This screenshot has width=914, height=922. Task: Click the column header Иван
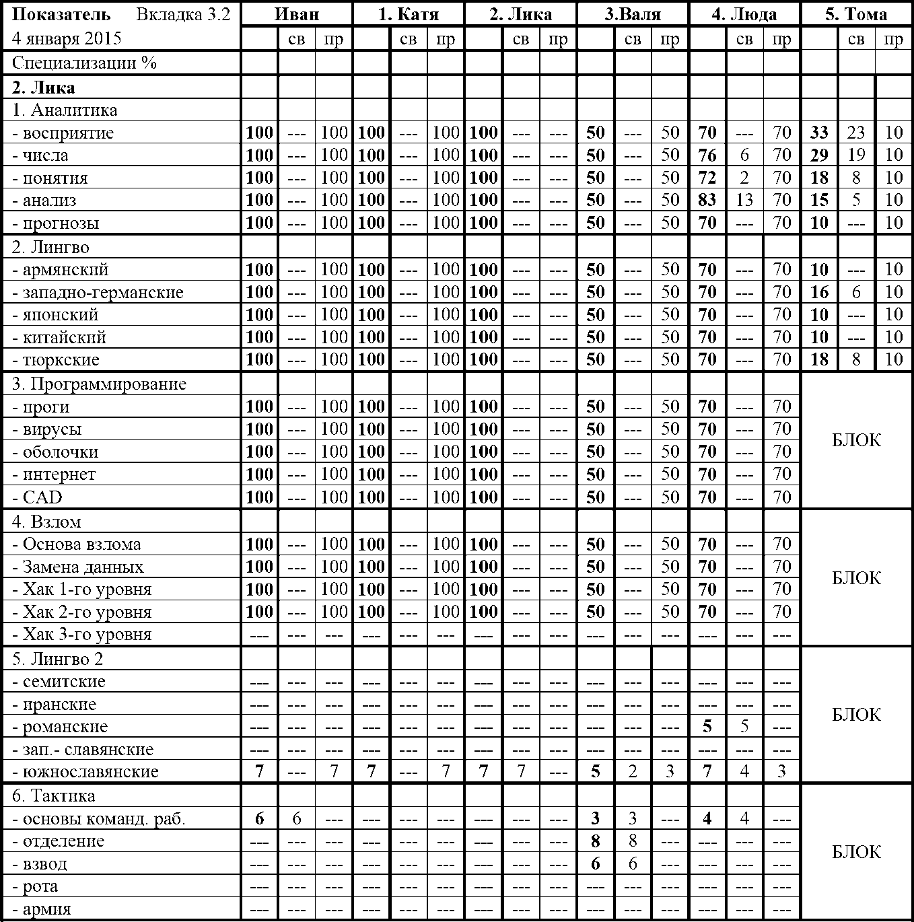(296, 14)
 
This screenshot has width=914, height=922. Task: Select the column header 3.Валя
(632, 14)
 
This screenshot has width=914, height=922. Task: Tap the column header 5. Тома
(856, 14)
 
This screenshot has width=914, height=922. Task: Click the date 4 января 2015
(67, 38)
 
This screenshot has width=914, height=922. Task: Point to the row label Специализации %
(84, 63)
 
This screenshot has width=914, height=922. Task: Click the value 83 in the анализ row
(707, 200)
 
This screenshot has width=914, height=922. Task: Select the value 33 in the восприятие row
(819, 133)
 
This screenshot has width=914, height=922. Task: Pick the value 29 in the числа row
(819, 155)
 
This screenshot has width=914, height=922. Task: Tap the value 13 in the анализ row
(744, 200)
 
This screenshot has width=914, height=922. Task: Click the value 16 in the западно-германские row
(819, 292)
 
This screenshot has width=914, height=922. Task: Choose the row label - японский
(55, 315)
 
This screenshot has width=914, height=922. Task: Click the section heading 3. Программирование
(99, 384)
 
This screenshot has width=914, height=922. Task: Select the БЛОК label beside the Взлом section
(856, 578)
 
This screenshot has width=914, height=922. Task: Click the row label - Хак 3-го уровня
(82, 635)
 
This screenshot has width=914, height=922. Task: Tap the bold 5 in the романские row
(707, 727)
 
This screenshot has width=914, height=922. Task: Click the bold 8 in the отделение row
(595, 841)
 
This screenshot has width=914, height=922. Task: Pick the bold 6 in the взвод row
(595, 864)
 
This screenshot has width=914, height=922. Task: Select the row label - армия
(42, 909)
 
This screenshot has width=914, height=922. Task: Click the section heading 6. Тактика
(54, 796)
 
